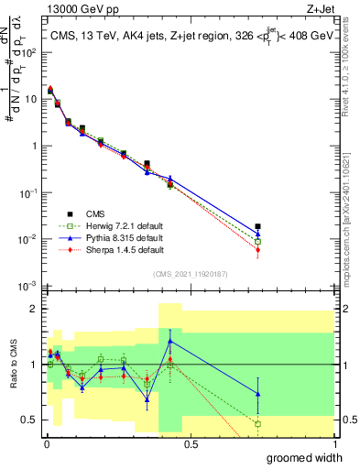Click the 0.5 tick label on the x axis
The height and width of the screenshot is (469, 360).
191,443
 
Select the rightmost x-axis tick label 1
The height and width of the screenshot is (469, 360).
334,443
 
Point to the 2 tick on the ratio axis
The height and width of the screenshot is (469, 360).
34,309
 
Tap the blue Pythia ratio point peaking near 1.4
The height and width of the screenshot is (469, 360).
170,342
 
